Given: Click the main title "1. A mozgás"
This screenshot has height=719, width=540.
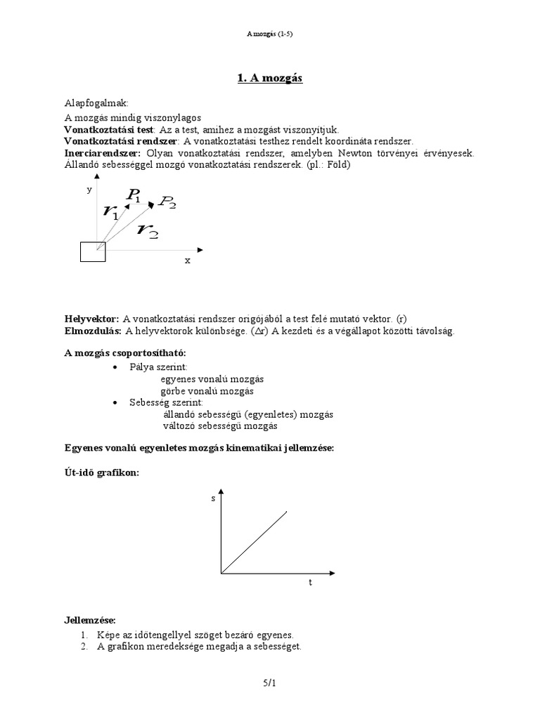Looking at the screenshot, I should [269, 78].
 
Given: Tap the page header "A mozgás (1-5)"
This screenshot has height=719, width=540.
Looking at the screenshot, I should [269, 33].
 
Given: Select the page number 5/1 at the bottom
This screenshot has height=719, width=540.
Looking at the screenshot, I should [270, 682].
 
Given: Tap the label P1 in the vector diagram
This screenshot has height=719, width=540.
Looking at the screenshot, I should [134, 196].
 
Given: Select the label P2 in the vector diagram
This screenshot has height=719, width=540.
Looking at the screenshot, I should [167, 202].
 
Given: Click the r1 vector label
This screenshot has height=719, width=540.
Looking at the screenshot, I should [110, 211].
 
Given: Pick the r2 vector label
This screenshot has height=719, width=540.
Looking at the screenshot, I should [148, 229].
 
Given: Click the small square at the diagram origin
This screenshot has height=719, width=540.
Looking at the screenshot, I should [93, 251].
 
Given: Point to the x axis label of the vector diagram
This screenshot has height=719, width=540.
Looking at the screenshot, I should [188, 260].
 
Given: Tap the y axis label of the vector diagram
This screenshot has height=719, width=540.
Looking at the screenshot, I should [89, 190].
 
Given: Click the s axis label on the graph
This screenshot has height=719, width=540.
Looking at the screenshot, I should [214, 498].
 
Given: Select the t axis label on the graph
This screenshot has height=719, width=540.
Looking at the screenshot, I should [310, 583].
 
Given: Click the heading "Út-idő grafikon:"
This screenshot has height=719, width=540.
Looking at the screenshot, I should [101, 473].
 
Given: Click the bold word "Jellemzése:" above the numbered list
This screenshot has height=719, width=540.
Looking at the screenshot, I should [89, 620].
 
